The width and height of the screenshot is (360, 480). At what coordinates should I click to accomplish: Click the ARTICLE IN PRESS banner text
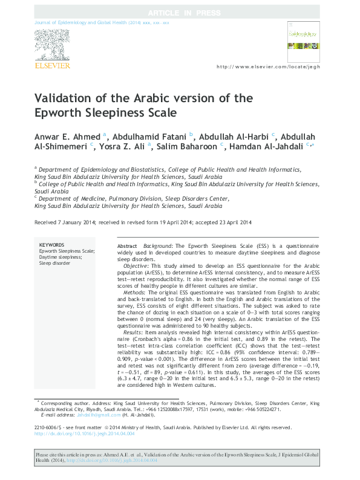click(x=180, y=12)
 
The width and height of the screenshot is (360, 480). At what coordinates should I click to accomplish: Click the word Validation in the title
click(x=62, y=99)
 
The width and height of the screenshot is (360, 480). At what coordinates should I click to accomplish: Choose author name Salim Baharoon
click(x=188, y=146)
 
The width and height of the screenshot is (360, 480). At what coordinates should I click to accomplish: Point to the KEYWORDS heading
click(x=51, y=245)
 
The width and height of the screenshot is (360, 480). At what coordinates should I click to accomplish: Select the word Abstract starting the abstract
click(x=127, y=247)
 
